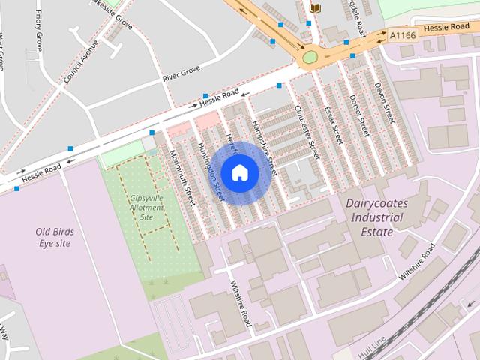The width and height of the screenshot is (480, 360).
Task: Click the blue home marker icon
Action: click(239, 173)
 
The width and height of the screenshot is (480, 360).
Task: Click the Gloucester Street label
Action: click(307, 132)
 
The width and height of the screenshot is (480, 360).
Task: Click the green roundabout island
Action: click(309, 57)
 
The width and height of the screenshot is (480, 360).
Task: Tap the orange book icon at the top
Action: click(315, 7)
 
